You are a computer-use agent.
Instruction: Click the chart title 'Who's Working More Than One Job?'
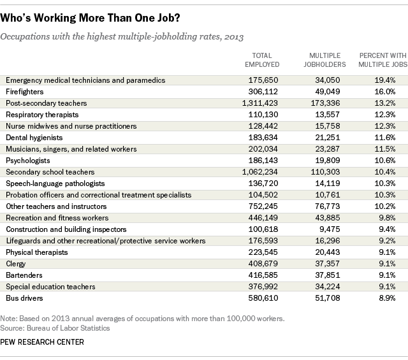[90, 18]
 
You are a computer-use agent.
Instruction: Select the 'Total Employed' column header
[262, 60]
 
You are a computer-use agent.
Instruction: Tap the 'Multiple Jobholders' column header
[324, 60]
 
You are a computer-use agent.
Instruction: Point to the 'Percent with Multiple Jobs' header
[382, 60]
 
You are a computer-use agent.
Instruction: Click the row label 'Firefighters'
[25, 92]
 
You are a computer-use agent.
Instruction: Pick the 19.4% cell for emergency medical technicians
[385, 80]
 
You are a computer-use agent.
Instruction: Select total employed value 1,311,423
[260, 103]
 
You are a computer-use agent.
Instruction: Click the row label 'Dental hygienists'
[34, 138]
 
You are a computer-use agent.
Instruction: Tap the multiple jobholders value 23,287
[328, 149]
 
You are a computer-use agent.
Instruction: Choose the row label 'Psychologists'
[28, 161]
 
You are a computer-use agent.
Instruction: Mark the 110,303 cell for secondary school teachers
[326, 172]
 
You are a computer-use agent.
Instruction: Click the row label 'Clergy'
[16, 264]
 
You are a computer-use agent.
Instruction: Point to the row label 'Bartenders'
[24, 275]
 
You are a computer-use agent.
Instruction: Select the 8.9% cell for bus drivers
[387, 298]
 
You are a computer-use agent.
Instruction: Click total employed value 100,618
[263, 229]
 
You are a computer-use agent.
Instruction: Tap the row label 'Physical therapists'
[37, 252]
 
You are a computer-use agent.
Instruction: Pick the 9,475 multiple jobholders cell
[330, 229]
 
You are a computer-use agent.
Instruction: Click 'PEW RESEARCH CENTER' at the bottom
[42, 342]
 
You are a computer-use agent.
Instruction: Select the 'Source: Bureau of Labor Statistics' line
[55, 328]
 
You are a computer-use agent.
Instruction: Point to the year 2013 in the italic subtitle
[234, 37]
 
